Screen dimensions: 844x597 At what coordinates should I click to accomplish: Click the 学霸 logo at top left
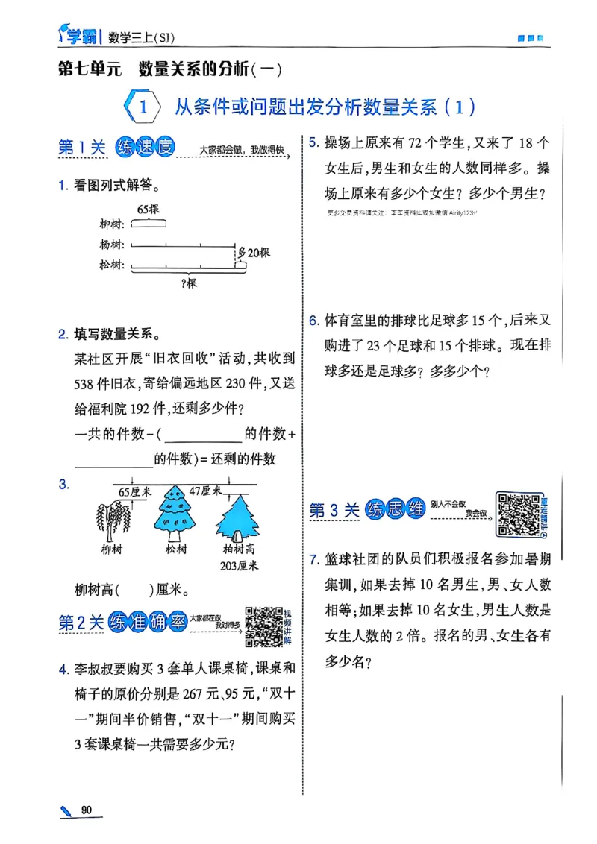(77, 34)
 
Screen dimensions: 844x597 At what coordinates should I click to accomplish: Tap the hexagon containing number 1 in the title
(141, 107)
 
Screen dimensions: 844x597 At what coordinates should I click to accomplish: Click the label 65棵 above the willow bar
(149, 210)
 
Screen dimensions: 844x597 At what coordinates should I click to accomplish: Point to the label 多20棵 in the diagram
(253, 253)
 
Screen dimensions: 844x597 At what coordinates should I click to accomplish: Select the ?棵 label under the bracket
(189, 283)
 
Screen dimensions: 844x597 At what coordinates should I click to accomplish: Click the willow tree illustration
(112, 523)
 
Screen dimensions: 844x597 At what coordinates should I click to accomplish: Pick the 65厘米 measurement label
(135, 491)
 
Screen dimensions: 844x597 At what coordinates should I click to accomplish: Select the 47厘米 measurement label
(205, 491)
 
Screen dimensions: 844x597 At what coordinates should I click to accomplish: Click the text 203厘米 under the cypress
(240, 566)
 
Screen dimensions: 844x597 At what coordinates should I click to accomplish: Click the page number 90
(87, 810)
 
